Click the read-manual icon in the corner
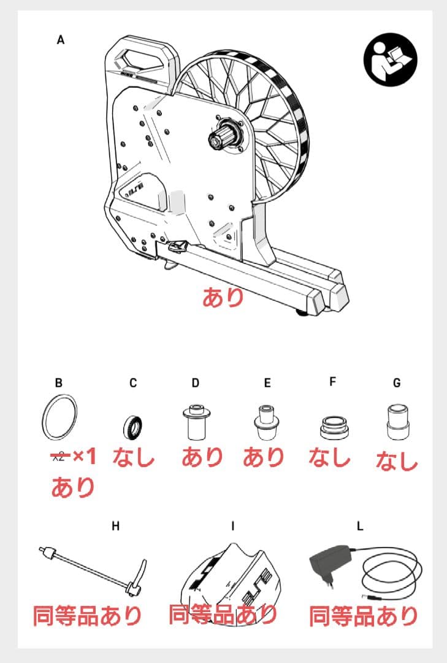[390, 59]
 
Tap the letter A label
[61, 40]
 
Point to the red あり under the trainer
[223, 297]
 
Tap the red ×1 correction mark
[85, 456]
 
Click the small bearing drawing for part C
[132, 427]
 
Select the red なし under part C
[134, 457]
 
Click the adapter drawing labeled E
[266, 422]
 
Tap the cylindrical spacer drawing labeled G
[397, 422]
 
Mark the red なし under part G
[397, 460]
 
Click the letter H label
[116, 526]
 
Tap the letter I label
[233, 526]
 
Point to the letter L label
[360, 526]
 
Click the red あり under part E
[263, 457]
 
